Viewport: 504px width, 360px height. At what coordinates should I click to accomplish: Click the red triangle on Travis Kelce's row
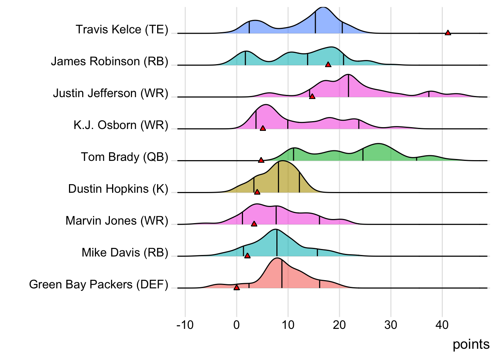448,33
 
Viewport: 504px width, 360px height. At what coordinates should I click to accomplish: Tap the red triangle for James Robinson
328,65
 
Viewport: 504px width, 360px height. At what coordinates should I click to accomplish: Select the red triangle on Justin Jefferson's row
312,97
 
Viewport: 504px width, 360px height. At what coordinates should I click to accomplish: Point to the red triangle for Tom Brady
261,160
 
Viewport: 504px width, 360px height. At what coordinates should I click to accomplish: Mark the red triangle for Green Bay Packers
237,288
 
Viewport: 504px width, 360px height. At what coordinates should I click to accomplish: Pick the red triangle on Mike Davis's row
247,256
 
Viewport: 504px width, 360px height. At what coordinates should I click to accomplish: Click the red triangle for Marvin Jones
254,224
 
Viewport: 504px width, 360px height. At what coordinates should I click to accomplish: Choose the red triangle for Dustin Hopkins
257,192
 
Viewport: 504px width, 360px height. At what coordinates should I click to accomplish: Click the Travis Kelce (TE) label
122,30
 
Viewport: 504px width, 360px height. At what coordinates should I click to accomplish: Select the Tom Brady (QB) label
124,157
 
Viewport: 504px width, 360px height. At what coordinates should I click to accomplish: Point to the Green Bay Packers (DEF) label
99,284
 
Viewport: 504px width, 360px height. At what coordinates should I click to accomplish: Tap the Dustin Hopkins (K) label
118,189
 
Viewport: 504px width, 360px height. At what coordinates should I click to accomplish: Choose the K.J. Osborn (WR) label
121,125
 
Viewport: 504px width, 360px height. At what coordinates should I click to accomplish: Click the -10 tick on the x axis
185,325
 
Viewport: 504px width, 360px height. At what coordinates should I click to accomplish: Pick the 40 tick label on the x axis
442,325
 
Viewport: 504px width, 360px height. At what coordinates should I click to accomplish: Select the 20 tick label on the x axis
339,325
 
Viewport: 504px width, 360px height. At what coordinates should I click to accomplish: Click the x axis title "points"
471,344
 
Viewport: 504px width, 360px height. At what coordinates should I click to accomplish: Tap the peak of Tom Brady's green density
379,144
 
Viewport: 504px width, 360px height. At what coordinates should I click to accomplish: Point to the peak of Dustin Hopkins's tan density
282,161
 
